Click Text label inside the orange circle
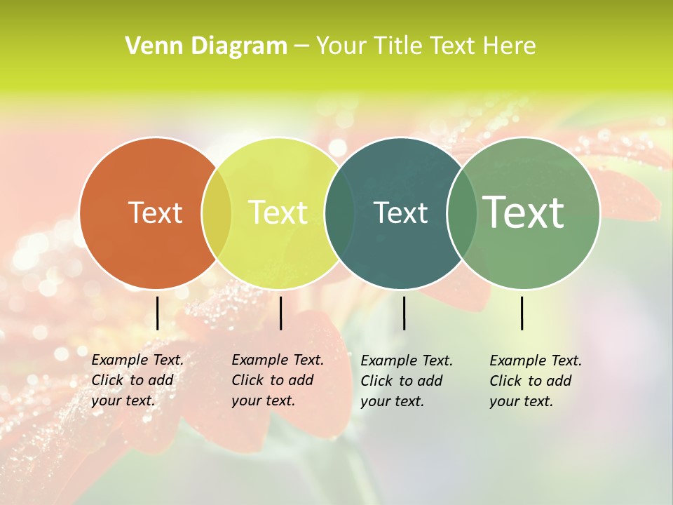[155, 213]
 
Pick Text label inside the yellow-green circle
[278, 213]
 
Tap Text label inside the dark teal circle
[400, 213]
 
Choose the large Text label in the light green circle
[523, 212]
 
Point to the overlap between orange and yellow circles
[217, 213]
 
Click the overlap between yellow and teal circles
[339, 213]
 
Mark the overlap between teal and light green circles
[462, 213]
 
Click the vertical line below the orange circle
[157, 313]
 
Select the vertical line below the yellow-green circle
[280, 313]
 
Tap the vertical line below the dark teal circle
[404, 313]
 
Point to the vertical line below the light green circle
[522, 313]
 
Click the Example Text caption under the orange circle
[137, 380]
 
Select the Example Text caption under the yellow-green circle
[277, 380]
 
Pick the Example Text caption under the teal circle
[406, 381]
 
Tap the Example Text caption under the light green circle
[535, 381]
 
